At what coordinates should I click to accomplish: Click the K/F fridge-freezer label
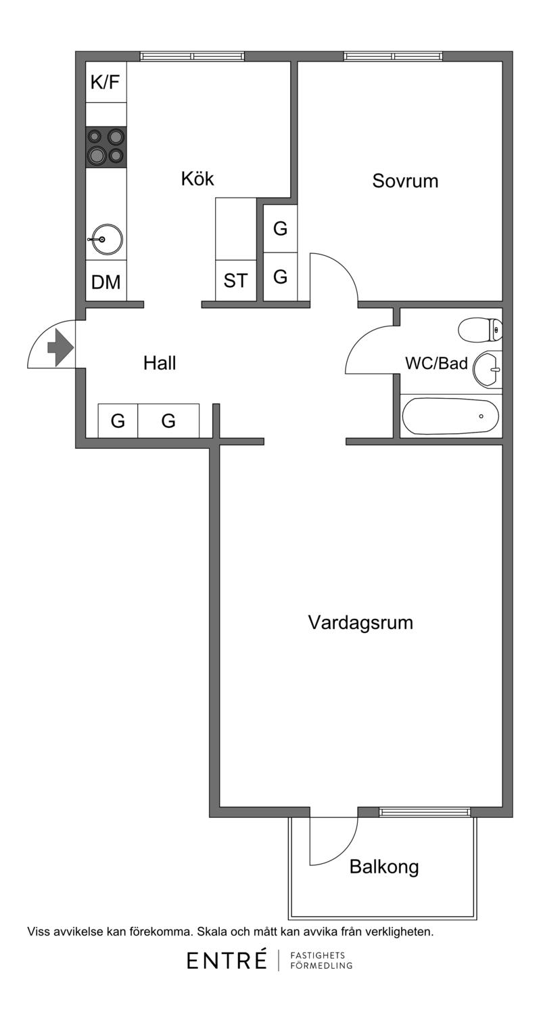click(105, 83)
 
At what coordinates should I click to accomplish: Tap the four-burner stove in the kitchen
click(105, 147)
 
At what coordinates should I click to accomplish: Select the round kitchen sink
click(107, 239)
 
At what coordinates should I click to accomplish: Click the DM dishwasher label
click(105, 282)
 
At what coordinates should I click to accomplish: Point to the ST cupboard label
click(235, 280)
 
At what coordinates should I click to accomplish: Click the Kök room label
click(197, 179)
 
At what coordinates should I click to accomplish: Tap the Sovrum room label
click(405, 181)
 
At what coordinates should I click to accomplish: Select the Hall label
click(160, 363)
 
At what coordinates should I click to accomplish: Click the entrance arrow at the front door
click(60, 347)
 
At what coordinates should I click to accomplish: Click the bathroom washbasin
click(487, 369)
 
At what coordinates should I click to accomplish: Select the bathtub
click(450, 416)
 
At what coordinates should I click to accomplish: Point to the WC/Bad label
click(437, 364)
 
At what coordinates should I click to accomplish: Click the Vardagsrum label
click(360, 622)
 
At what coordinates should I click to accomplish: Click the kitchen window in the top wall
click(192, 56)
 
